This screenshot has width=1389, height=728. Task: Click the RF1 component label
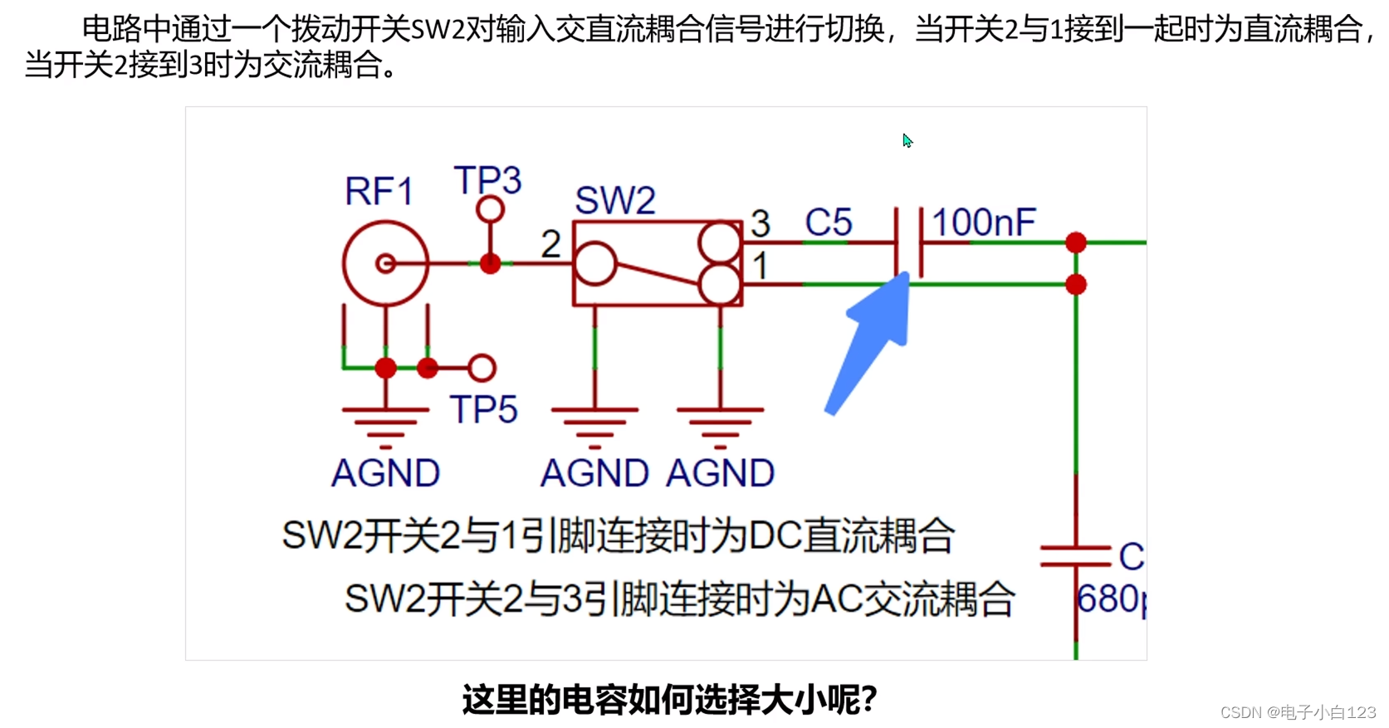[x=379, y=192]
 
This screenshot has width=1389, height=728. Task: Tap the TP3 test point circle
[x=490, y=209]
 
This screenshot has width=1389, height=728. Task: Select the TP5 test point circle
[x=482, y=368]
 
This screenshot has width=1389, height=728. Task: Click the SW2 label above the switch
[x=615, y=200]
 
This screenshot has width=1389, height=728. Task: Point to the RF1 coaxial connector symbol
[x=385, y=264]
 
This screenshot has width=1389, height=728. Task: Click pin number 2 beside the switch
[x=550, y=245]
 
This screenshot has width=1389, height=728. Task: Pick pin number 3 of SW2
[x=761, y=223]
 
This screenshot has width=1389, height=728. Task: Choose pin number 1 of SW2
[x=761, y=266]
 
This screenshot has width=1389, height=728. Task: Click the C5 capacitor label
[x=829, y=222]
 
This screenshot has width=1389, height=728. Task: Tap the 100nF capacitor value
[x=984, y=222]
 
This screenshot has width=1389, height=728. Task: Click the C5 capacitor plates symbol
[x=909, y=242]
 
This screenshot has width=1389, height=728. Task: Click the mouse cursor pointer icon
[x=907, y=141]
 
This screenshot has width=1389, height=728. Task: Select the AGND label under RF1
[x=385, y=473]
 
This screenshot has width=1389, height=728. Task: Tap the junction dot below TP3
[x=490, y=264]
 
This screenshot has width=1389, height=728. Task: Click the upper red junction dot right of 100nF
[x=1076, y=242]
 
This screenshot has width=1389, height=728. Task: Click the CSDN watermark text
[x=1298, y=712]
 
